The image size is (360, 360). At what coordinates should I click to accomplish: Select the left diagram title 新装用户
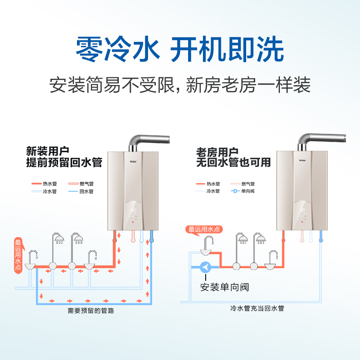point(45,151)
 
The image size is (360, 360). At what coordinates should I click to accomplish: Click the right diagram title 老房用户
point(214,151)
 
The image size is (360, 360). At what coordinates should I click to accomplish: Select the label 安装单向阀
point(225,287)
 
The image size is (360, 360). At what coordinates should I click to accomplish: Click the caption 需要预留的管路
point(90,310)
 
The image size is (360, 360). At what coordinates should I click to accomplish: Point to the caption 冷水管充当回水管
point(257,308)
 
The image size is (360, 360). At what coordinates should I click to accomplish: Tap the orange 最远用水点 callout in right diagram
point(203,229)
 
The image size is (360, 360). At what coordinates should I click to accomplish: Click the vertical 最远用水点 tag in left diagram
point(18,254)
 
